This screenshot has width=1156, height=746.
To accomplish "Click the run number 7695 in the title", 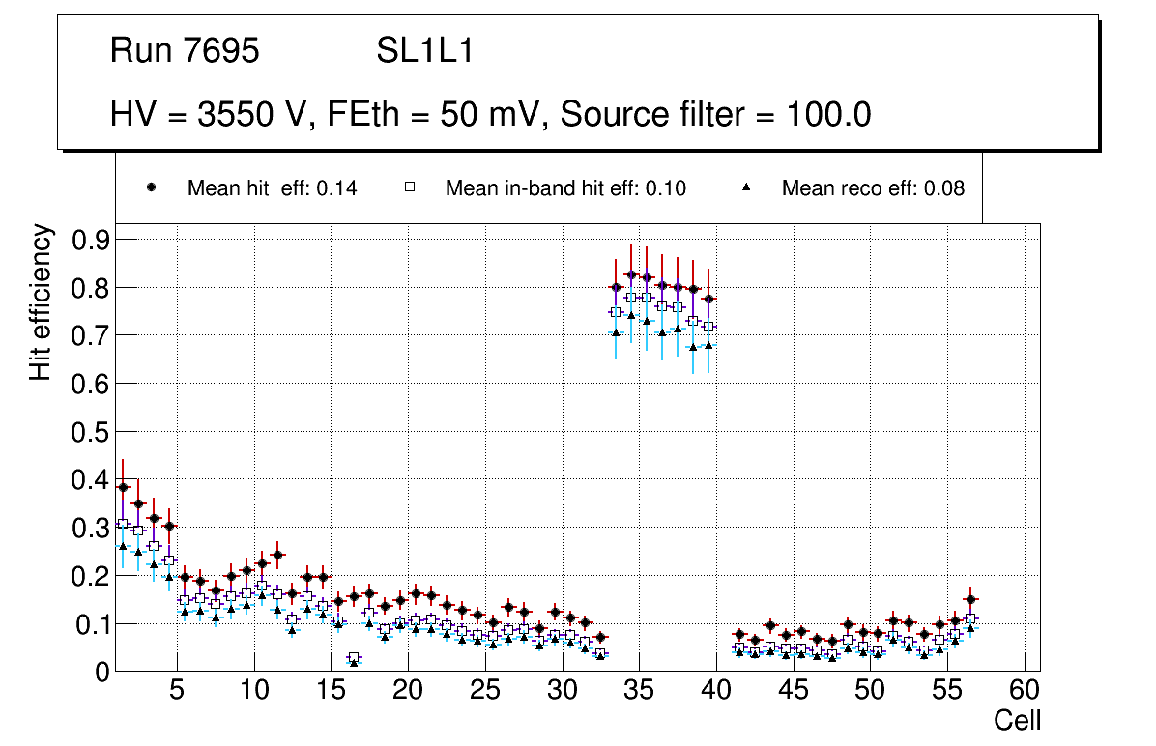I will pos(222,51).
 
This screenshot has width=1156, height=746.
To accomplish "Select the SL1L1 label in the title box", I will pos(425,51).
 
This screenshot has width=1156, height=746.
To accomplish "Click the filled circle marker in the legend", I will pos(153,187).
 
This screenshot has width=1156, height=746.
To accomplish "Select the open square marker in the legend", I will pos(410,187).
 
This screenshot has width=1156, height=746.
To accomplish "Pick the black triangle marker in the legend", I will pos(746,187).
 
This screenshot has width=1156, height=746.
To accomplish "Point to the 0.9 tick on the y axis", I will pos(92,240).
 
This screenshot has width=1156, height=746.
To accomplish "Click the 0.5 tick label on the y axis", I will pos(92,432).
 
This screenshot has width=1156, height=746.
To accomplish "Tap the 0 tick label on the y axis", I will pos(103,673).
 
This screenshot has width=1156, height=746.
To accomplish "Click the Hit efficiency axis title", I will pos(41,301).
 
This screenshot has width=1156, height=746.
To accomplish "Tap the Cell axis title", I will pos(1017,720).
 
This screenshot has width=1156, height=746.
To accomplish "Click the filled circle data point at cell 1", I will pos(123,488).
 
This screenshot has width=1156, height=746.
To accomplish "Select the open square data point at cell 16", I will pos(354,658).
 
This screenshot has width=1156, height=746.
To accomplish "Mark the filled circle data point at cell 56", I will pos(971,600).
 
